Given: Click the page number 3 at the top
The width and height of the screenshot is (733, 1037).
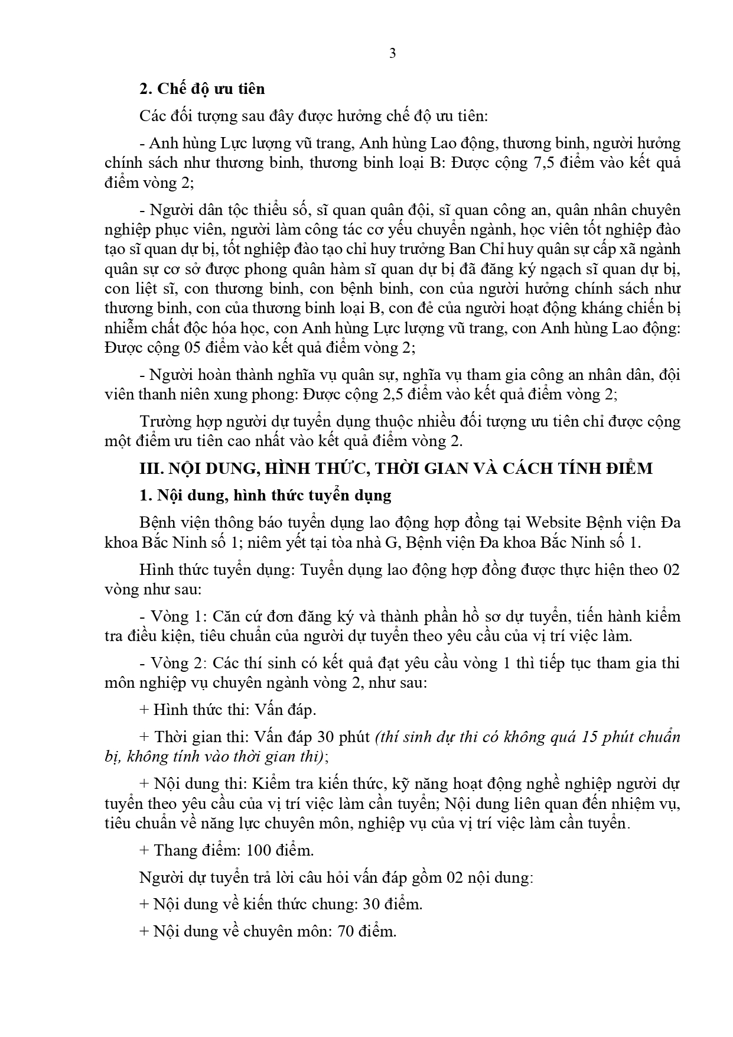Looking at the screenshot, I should click(393, 53).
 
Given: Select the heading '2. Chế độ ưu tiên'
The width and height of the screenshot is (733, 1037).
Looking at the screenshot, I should click(202, 89).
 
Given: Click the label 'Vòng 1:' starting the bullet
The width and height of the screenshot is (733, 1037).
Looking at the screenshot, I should click(178, 616).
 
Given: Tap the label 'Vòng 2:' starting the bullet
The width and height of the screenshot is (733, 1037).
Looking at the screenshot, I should click(178, 663).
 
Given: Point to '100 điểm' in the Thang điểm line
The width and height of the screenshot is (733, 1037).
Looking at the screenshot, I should click(284, 850).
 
